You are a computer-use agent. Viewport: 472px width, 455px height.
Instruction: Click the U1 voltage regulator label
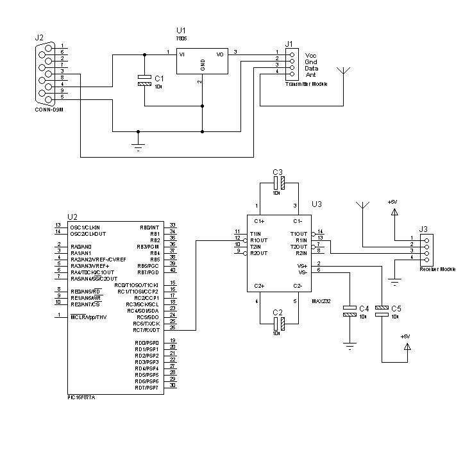180,30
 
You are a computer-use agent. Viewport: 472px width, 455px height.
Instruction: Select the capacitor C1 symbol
145,79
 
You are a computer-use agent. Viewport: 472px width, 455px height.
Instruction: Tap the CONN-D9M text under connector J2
49,109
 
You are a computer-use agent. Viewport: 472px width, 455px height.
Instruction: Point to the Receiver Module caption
437,269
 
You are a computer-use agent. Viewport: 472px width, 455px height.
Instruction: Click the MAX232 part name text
321,300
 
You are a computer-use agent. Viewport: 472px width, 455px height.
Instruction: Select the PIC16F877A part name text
81,397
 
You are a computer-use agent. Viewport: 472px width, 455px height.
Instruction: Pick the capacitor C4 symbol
350,311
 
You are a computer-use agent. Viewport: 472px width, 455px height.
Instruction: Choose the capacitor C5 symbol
382,311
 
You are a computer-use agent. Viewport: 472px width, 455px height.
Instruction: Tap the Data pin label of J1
312,68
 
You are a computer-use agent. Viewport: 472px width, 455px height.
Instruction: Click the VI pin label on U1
181,54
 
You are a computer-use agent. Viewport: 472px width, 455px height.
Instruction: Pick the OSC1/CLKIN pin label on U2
85,227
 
